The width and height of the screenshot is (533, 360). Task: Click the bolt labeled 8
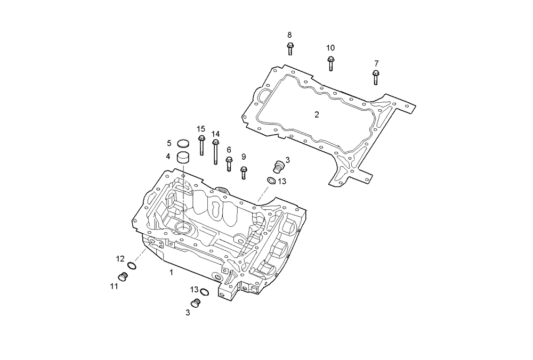(290, 49)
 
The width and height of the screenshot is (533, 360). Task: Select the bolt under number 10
(330, 63)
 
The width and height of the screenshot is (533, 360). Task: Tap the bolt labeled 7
(376, 77)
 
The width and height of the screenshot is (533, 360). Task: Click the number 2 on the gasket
(317, 114)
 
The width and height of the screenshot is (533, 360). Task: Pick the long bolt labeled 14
(215, 152)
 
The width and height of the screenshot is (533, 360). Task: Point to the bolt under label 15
(202, 145)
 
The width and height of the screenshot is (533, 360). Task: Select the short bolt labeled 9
(244, 173)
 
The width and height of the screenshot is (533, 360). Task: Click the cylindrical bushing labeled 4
(183, 158)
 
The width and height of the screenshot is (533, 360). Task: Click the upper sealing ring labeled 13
(271, 181)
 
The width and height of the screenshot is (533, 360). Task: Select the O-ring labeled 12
(133, 266)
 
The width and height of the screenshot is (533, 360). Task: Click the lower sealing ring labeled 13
(204, 291)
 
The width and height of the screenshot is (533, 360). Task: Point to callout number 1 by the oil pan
(171, 272)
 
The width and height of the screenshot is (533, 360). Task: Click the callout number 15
(200, 129)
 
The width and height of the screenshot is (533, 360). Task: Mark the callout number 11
(114, 286)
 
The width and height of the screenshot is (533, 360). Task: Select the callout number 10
(330, 48)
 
